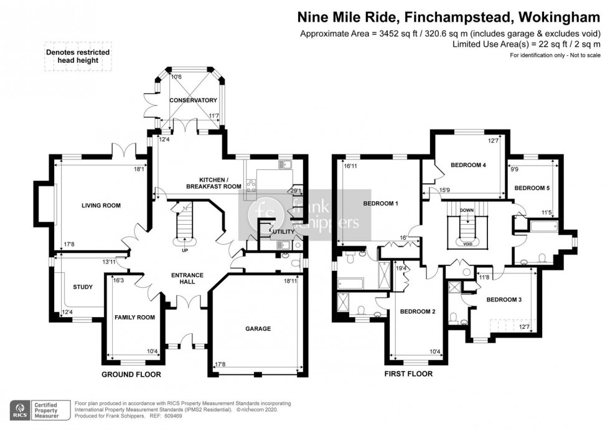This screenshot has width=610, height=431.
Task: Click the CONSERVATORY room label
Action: pyautogui.click(x=193, y=100)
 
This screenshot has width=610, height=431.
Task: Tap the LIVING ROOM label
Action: pyautogui.click(x=101, y=205)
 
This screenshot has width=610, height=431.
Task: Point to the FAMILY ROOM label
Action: pyautogui.click(x=134, y=318)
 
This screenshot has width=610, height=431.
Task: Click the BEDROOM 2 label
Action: pyautogui.click(x=417, y=311)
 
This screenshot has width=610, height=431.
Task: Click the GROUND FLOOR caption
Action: pyautogui.click(x=131, y=374)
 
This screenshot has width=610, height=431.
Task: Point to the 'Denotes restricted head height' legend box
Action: pyautogui.click(x=77, y=57)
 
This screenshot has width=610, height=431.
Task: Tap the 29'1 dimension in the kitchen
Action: pyautogui.click(x=296, y=191)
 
